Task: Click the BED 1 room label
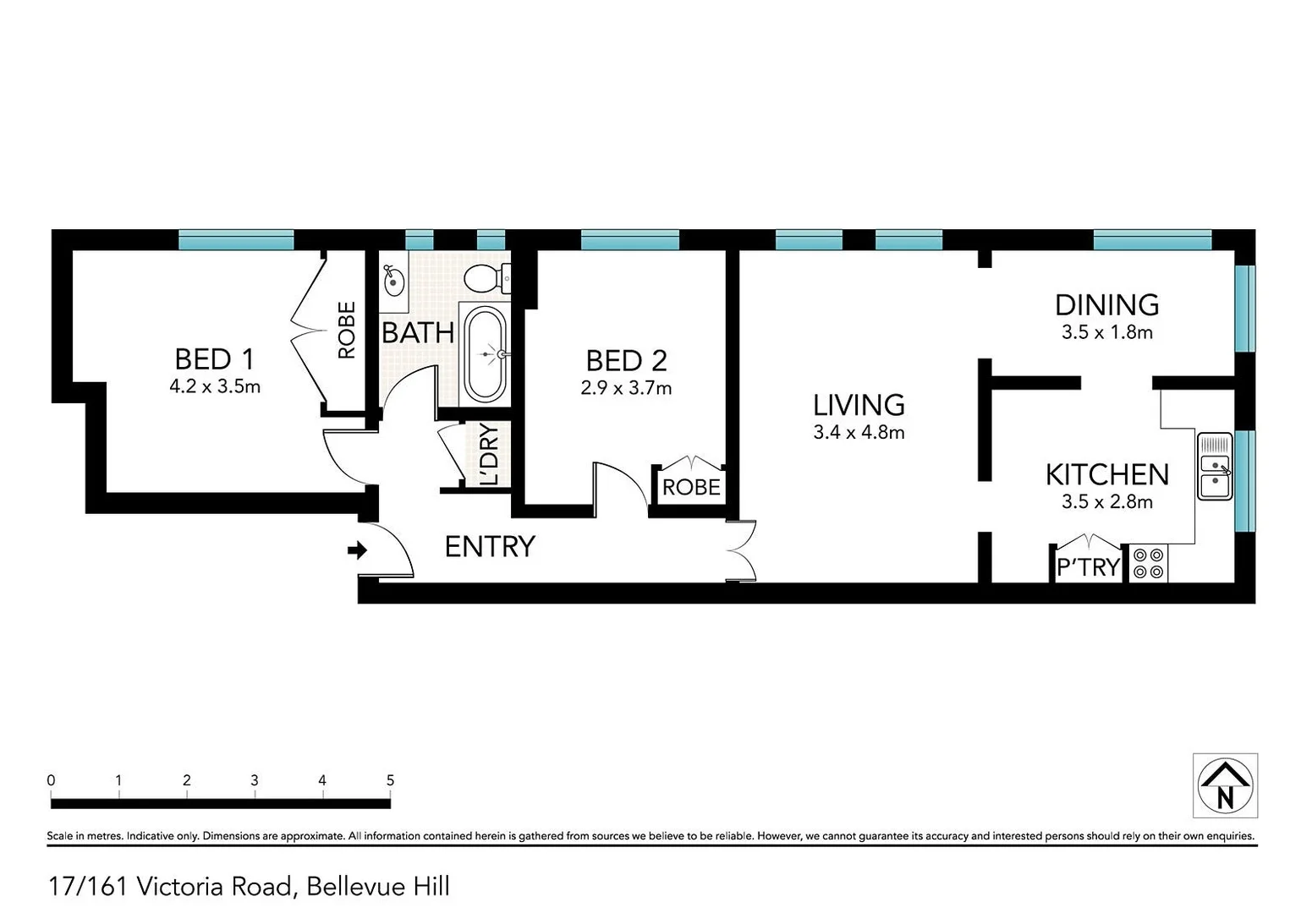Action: click(x=214, y=359)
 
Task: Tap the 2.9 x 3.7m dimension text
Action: click(x=626, y=388)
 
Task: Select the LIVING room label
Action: click(x=859, y=405)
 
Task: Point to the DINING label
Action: click(x=1106, y=305)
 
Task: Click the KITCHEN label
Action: click(x=1106, y=474)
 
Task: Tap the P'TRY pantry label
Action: click(x=1088, y=567)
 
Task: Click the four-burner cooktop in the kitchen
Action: click(x=1149, y=564)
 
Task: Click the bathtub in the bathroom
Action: click(x=486, y=354)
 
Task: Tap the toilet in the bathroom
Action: click(x=487, y=276)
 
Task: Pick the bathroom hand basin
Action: click(x=394, y=280)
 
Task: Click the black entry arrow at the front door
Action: click(x=357, y=551)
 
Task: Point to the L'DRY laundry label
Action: click(x=489, y=454)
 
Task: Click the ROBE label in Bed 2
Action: click(x=691, y=488)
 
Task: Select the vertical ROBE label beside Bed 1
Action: click(x=347, y=331)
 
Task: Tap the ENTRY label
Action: click(x=490, y=547)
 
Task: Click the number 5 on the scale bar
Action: click(x=390, y=780)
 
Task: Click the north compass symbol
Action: click(x=1225, y=785)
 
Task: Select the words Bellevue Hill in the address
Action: click(x=378, y=886)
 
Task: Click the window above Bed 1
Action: click(x=236, y=240)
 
